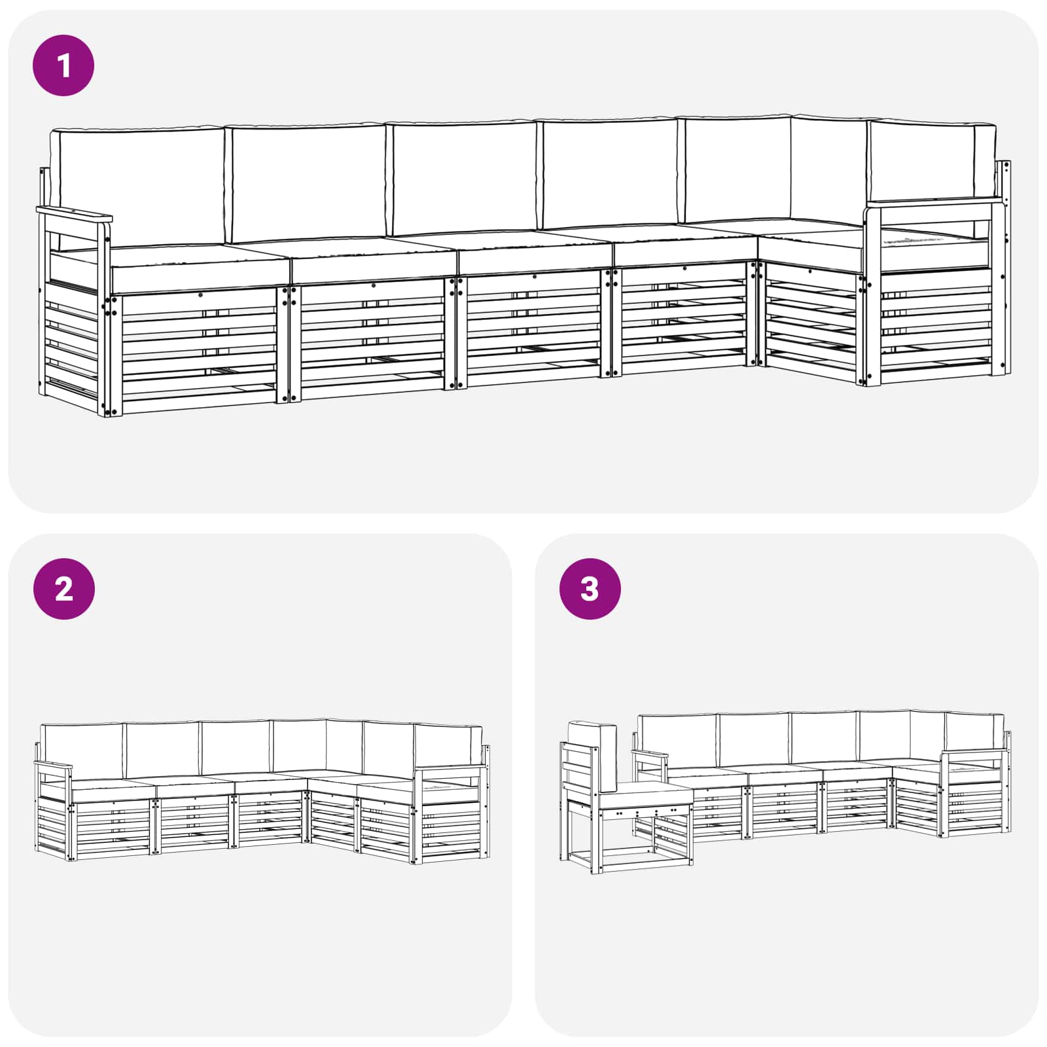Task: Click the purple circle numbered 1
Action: coord(63,65)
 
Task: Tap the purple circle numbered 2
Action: coord(63,589)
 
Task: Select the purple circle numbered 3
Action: coord(590,589)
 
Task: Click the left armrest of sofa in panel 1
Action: coord(74,214)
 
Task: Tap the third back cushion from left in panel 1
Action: coord(463,178)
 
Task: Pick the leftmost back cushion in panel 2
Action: coord(82,751)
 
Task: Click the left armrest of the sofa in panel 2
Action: coord(53,766)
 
